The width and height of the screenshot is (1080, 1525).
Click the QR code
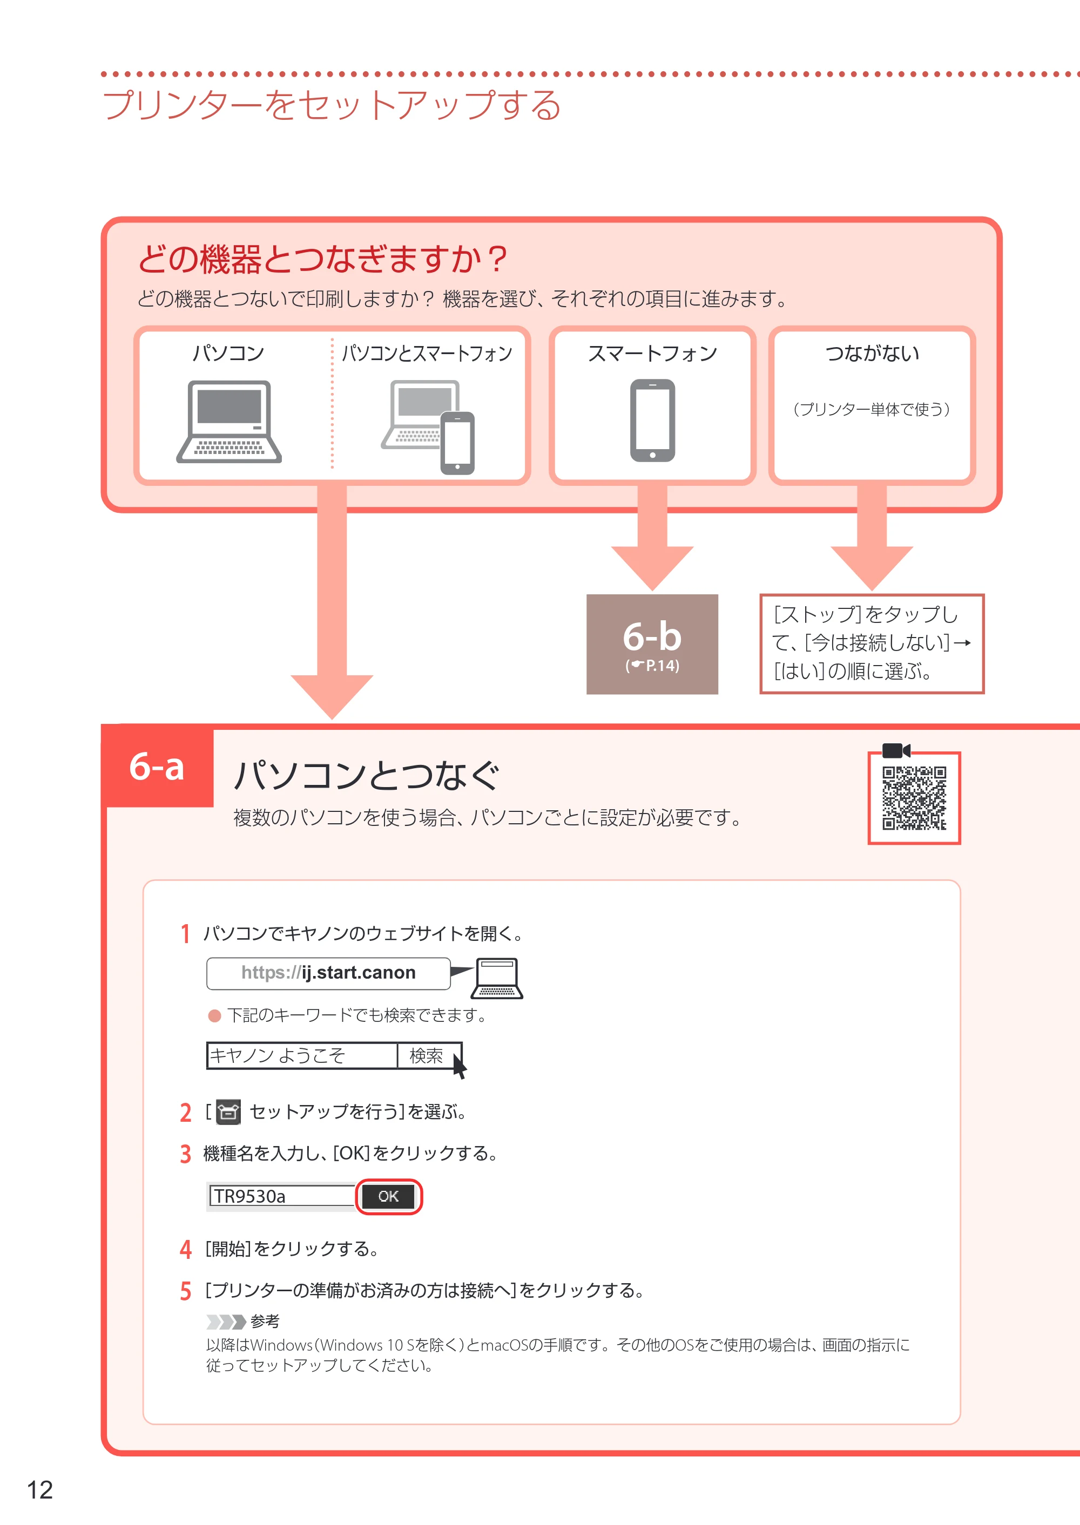click(x=914, y=798)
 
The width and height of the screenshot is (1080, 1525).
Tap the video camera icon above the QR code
click(x=896, y=750)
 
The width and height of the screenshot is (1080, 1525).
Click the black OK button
click(x=388, y=1197)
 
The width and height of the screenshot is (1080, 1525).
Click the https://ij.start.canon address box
click(x=328, y=973)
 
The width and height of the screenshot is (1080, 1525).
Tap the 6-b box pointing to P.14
click(x=652, y=644)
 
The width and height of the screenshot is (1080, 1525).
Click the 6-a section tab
click(x=158, y=767)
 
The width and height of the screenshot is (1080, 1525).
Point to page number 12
click(x=40, y=1490)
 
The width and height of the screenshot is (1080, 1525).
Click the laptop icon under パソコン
click(x=229, y=422)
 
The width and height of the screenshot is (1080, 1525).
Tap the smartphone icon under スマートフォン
click(x=652, y=420)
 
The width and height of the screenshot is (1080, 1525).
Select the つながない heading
click(x=873, y=353)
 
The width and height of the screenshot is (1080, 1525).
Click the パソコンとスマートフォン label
click(x=427, y=353)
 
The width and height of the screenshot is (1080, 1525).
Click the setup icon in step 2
click(x=228, y=1111)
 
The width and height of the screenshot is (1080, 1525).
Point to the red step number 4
click(x=186, y=1249)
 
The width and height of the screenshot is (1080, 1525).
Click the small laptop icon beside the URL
click(x=497, y=978)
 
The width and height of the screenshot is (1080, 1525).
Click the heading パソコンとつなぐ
click(x=367, y=775)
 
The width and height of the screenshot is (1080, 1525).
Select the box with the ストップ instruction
click(x=872, y=643)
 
